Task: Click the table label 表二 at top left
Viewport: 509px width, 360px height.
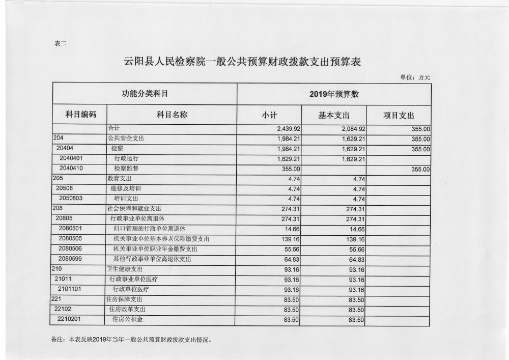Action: pyautogui.click(x=60, y=43)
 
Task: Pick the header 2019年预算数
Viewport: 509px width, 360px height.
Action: pyautogui.click(x=334, y=94)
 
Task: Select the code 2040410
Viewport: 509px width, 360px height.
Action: pyautogui.click(x=71, y=169)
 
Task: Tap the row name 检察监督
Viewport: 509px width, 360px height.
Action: pyautogui.click(x=127, y=169)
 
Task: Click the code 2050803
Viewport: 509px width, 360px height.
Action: pyautogui.click(x=71, y=198)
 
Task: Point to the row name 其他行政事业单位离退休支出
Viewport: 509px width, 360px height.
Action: pyautogui.click(x=152, y=259)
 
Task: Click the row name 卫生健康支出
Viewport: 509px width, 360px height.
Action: pyautogui.click(x=125, y=268)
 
